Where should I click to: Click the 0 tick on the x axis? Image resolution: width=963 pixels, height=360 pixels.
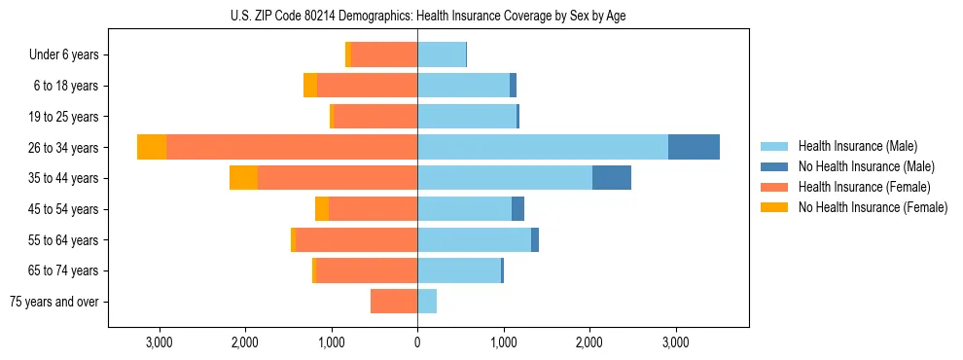click(417, 342)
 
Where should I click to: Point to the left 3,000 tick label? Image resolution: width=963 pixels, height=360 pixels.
click(159, 342)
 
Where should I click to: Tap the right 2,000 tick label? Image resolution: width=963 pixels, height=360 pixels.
click(589, 342)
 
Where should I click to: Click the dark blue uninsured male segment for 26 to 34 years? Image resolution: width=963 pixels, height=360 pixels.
click(694, 147)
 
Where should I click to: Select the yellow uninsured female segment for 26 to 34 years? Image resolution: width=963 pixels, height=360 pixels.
click(152, 147)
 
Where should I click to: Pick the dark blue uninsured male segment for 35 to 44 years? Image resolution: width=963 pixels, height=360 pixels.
click(612, 178)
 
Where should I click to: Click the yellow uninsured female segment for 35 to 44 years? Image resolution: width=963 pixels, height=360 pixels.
click(244, 178)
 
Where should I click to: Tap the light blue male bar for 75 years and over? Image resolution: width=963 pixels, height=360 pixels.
click(427, 302)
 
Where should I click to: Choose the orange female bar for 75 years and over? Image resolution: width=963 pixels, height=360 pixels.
click(394, 302)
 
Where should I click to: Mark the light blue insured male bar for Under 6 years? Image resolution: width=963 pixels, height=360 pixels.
click(442, 55)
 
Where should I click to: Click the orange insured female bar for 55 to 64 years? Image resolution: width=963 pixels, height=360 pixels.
click(356, 240)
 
